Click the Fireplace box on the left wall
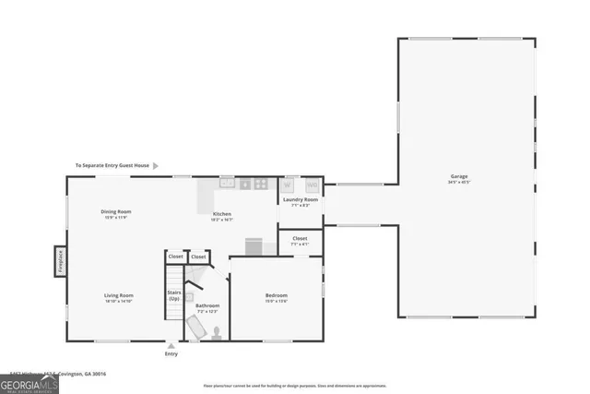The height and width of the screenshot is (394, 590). pos(60,259)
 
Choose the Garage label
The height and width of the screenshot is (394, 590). pos(459,176)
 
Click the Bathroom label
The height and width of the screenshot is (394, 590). pos(207,305)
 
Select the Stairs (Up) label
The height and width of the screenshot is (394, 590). pos(173,295)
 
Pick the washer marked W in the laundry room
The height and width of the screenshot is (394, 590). pos(289,184)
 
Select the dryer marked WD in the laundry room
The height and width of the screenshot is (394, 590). pos(313,184)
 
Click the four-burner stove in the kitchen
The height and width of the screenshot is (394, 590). pos(262,184)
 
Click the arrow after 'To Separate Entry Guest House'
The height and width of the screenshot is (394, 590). pos(155,166)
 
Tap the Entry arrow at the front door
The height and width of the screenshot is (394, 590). pos(171,345)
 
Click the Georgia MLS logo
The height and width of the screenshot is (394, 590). pos(29,381)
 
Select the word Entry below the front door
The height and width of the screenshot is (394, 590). pos(171,354)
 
